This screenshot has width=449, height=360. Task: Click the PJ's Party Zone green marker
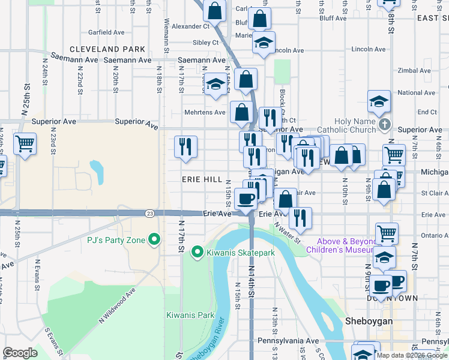tap(154, 240)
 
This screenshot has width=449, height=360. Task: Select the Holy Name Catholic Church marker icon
tap(385, 125)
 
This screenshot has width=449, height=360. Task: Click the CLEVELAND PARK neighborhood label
tap(107, 49)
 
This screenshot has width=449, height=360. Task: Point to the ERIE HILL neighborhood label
tap(202, 179)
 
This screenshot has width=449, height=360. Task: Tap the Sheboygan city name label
tap(369, 322)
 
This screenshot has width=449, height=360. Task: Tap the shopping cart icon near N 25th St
tap(25, 144)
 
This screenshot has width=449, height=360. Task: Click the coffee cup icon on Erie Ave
tap(245, 199)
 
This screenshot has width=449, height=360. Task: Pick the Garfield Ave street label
tap(106, 32)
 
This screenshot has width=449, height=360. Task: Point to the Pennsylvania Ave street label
tap(297, 341)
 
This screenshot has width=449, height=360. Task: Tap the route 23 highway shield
tap(150, 213)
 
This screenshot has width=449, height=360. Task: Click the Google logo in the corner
tap(20, 353)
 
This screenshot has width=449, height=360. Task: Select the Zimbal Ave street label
tap(414, 71)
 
